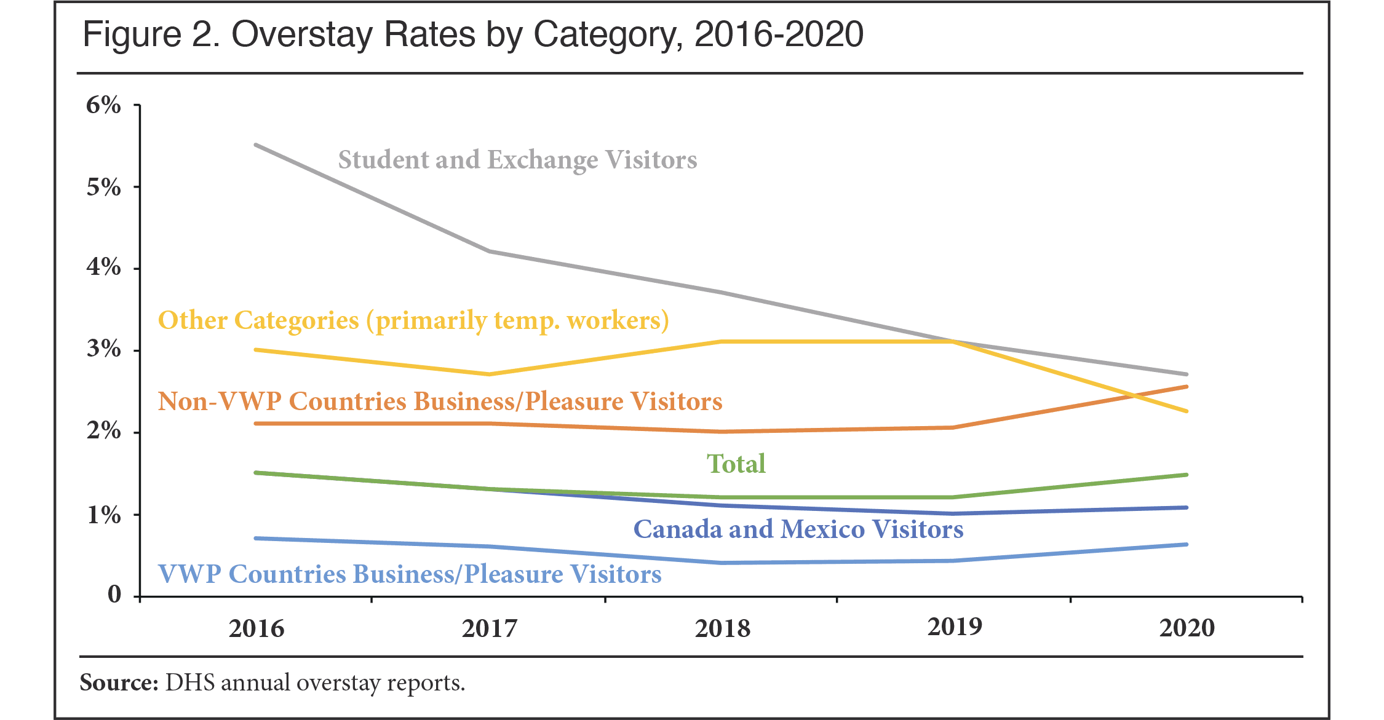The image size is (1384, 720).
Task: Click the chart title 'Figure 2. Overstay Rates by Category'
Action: coord(472,34)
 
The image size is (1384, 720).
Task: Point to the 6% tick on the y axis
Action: coord(103,105)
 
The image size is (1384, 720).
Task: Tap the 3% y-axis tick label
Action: coord(103,349)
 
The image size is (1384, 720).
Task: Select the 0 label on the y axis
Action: coord(114,594)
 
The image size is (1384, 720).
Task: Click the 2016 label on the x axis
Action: coord(257,628)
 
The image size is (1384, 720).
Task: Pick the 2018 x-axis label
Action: coord(722,628)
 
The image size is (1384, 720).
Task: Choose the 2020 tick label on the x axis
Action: coord(1187,628)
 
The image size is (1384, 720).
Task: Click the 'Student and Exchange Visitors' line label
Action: coord(517,160)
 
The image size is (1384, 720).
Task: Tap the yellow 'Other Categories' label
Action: coord(413,320)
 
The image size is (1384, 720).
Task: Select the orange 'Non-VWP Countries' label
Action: coord(440,402)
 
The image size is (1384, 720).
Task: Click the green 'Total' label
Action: coord(736,464)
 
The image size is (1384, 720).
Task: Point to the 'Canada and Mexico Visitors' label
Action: coord(798,529)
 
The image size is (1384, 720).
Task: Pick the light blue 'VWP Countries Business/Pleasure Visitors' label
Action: coord(410,574)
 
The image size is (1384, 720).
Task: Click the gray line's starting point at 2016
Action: coord(256,145)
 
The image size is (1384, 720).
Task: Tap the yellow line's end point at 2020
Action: coord(1186,411)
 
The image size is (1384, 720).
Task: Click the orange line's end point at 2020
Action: coord(1186,387)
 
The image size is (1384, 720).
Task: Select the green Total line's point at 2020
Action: coord(1186,475)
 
